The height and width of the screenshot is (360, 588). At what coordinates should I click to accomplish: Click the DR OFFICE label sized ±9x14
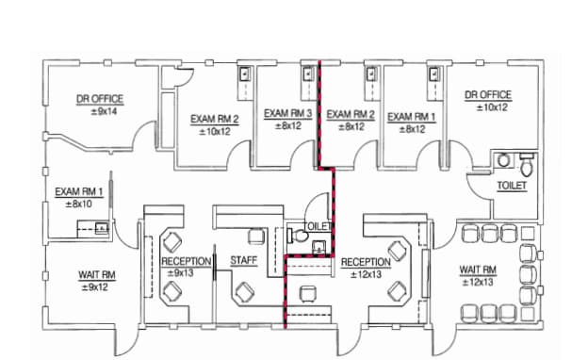[x=100, y=98]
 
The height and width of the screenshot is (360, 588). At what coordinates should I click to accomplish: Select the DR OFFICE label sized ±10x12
[x=488, y=95]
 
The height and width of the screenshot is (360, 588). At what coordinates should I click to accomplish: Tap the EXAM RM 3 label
[x=287, y=113]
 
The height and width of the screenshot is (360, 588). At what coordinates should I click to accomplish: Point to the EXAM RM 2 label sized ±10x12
[x=215, y=120]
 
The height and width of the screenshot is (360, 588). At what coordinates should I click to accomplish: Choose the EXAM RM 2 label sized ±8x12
[x=351, y=115]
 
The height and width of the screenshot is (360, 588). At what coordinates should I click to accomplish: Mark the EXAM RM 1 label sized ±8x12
[x=412, y=117]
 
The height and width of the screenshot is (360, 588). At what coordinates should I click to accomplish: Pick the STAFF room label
[x=244, y=261]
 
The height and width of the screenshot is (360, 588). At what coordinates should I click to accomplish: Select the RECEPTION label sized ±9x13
[x=186, y=261]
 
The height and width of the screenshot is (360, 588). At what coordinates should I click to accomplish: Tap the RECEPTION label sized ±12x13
[x=366, y=262]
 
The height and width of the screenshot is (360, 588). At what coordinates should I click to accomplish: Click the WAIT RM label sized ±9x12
[x=96, y=275]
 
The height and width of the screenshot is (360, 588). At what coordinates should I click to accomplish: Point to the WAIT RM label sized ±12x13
[x=478, y=270]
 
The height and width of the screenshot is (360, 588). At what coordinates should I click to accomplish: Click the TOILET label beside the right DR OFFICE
[x=512, y=186]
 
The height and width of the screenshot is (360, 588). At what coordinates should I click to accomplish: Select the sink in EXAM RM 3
[x=307, y=73]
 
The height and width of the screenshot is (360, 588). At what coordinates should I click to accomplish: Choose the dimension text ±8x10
[x=78, y=204]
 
